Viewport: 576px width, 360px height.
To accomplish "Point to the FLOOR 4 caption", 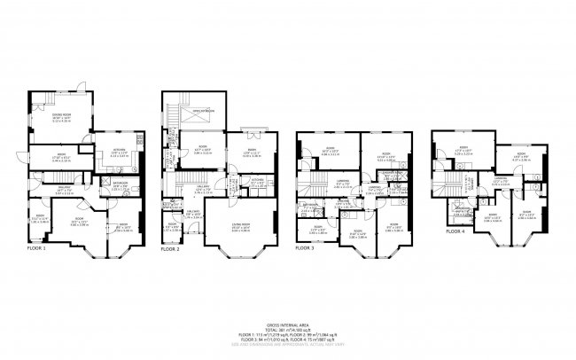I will point(455,231).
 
